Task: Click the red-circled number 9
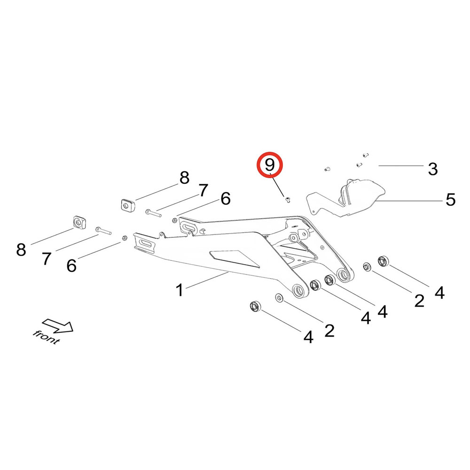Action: pos(269,165)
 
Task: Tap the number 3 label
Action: pos(433,168)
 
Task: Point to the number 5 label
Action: pos(450,200)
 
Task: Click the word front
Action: pos(46,337)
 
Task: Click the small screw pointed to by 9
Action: pos(287,200)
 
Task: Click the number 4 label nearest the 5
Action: pos(439,293)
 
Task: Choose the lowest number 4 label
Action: pos(308,337)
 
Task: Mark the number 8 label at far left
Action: pos(21,250)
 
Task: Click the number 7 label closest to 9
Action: pos(203,190)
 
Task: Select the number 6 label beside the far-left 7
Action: pos(71,266)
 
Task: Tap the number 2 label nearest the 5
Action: pos(419,300)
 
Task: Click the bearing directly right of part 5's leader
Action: pos(384,260)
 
